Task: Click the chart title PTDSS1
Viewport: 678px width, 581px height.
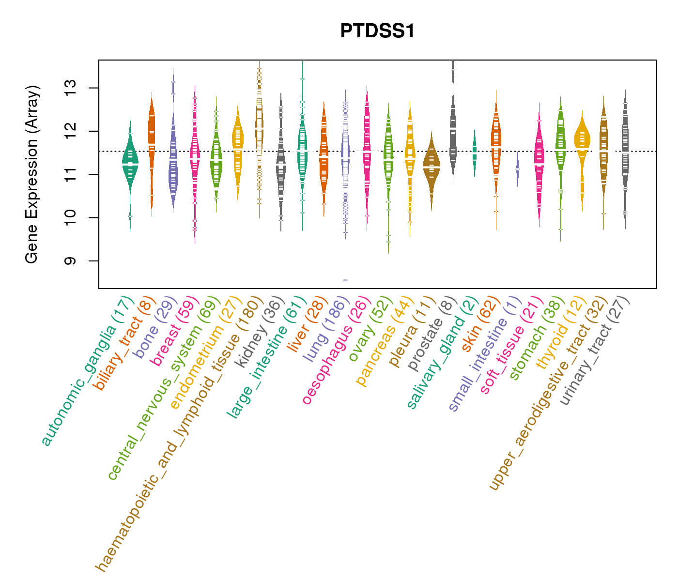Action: [377, 31]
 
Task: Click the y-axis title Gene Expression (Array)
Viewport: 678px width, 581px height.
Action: [31, 174]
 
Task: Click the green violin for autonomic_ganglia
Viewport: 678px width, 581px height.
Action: [130, 160]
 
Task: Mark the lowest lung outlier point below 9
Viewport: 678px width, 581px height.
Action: [345, 280]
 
